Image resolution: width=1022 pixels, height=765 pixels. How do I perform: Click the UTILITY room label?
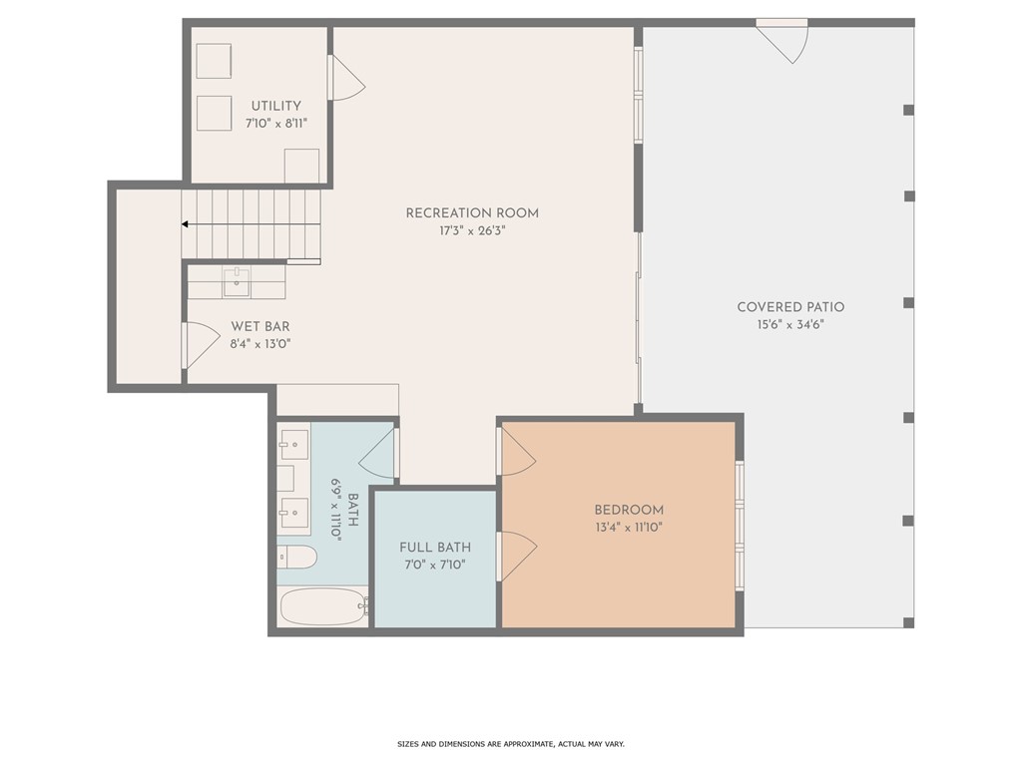(275, 106)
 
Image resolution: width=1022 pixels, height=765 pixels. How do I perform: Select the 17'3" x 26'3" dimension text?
(472, 230)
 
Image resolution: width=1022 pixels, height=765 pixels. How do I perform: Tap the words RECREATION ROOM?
(472, 212)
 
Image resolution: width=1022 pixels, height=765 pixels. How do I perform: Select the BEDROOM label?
(629, 510)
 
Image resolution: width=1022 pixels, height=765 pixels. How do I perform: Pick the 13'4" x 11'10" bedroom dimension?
(629, 527)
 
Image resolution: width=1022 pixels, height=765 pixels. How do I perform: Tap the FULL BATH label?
(435, 548)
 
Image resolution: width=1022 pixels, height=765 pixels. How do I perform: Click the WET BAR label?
(260, 326)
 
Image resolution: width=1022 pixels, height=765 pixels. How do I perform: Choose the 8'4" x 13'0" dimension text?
(260, 344)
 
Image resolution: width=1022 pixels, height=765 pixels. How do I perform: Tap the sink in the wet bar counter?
(237, 282)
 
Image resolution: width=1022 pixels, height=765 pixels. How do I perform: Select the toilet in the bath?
(297, 557)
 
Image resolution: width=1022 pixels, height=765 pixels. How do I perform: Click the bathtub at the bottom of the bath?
(323, 605)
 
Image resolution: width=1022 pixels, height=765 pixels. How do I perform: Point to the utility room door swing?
(346, 79)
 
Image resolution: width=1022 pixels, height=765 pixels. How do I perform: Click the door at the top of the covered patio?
(783, 40)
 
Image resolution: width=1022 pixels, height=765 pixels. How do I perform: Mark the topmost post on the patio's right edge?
(908, 110)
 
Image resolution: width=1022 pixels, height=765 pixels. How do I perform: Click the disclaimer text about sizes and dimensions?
(510, 744)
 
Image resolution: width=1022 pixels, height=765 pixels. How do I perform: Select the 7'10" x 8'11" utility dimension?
(275, 123)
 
